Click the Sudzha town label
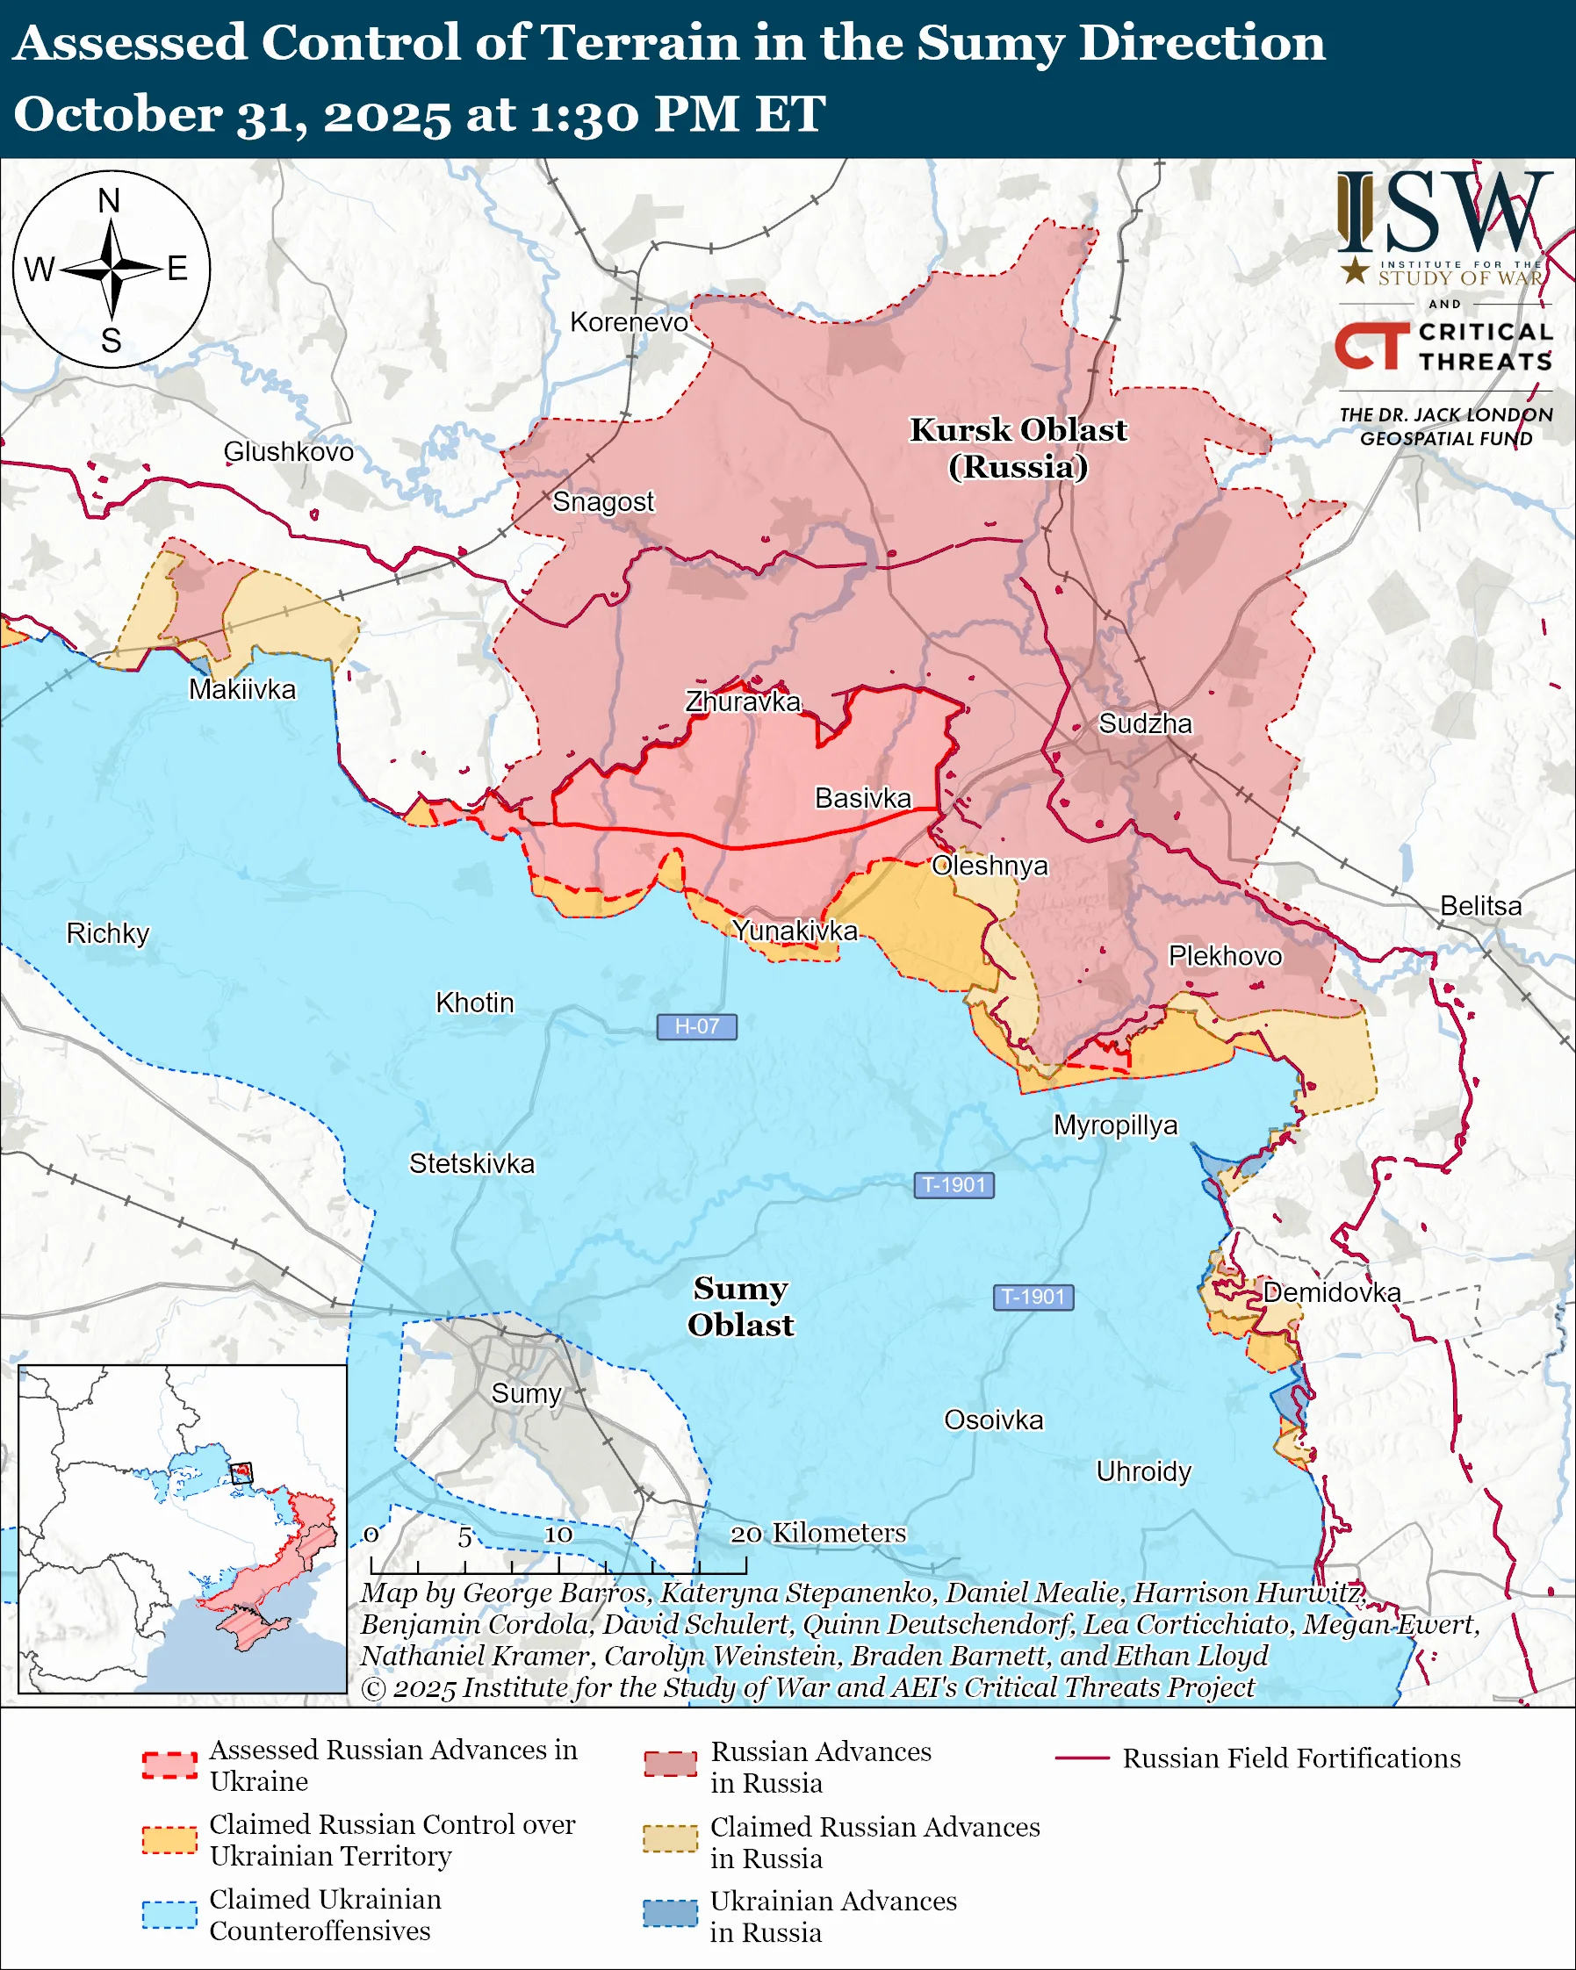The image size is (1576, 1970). coord(1145,723)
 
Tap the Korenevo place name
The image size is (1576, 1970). coord(629,322)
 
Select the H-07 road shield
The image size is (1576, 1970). coord(696,1026)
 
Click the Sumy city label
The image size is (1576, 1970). coord(525,1393)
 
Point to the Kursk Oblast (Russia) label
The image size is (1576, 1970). coord(1018,448)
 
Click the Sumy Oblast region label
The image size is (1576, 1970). coord(740,1306)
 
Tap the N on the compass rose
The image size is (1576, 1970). coord(109,200)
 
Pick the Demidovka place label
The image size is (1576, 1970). coord(1331,1292)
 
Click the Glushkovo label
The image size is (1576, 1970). coord(288,451)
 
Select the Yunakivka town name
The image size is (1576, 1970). coord(795,931)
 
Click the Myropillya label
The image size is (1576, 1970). coord(1115,1125)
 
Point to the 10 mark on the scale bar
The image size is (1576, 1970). coord(558,1535)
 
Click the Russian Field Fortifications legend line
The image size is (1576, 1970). coord(1082,1759)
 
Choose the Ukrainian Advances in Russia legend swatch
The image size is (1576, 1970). coord(670,1913)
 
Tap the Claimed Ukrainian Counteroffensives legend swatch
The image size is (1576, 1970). coord(169,1913)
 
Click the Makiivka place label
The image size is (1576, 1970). coord(242,689)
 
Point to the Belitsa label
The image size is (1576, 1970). coord(1480,905)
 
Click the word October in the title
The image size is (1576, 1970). coord(117,114)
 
